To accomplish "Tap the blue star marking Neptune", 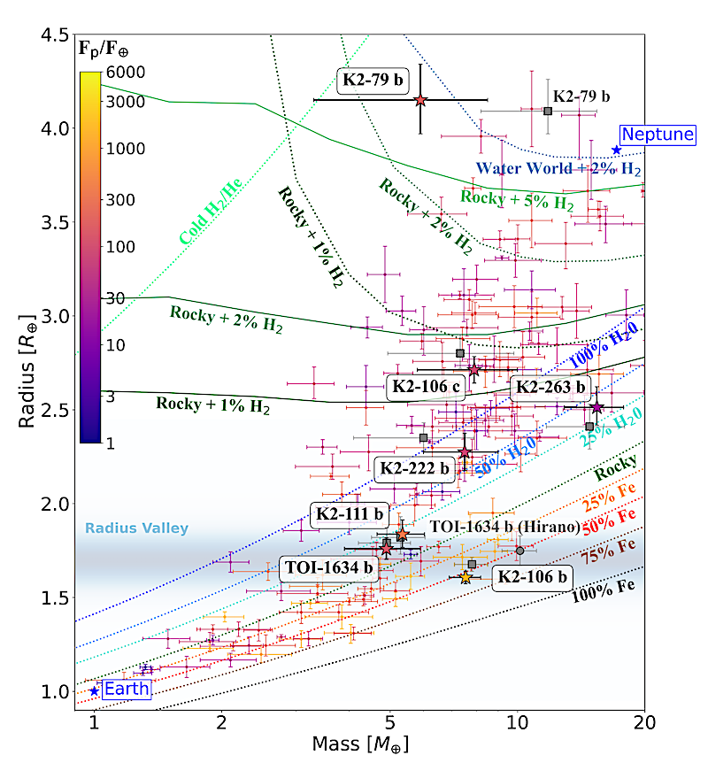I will (x=617, y=150).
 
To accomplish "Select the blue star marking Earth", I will (x=94, y=691).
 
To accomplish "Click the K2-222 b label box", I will (x=415, y=469).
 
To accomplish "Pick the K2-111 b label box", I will (x=350, y=514).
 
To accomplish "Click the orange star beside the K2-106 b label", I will (x=466, y=577).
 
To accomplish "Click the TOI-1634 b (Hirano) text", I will (x=504, y=527).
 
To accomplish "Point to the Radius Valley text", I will (x=136, y=528).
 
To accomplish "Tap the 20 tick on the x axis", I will (x=644, y=721).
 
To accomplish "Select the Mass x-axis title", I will (x=359, y=744).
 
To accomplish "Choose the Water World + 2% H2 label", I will (x=558, y=169).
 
